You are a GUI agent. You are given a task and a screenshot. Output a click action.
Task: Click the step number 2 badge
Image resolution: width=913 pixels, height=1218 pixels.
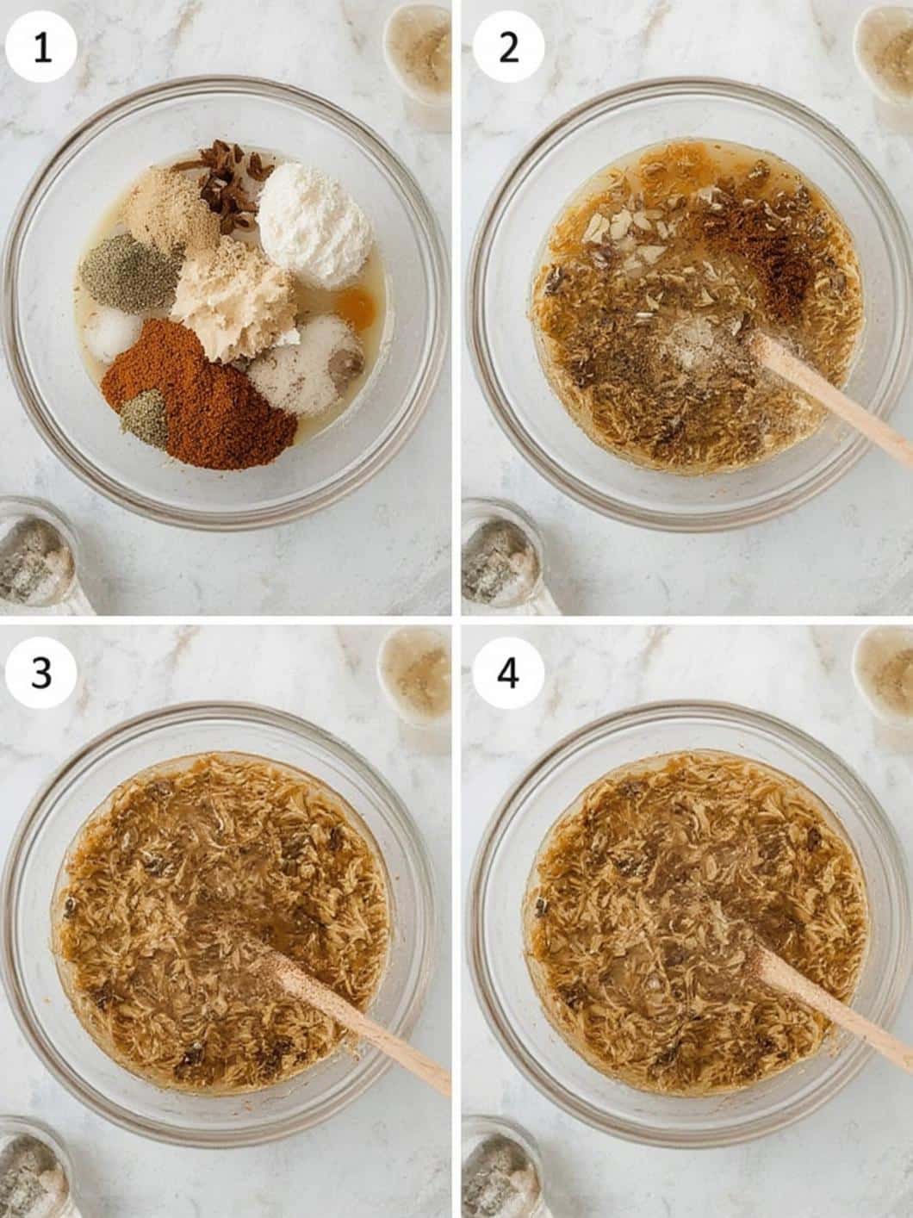507,47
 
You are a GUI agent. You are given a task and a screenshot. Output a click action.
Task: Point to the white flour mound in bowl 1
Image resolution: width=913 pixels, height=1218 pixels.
314,225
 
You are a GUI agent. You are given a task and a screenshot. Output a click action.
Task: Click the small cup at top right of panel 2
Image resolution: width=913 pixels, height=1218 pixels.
885,55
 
